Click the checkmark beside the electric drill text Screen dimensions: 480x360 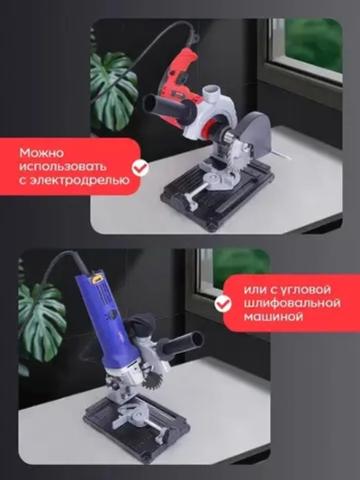pos(139,168)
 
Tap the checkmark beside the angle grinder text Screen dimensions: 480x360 pos(221,304)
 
